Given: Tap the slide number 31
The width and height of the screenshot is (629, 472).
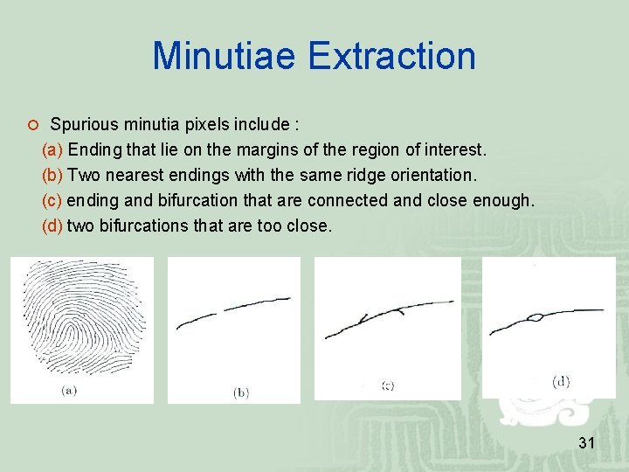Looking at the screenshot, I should coord(586,443).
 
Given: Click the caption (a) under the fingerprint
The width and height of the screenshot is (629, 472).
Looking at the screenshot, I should coord(69,391).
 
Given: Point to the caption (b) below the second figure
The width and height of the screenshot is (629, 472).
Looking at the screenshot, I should coord(240,393).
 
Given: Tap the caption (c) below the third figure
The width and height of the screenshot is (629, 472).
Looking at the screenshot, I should coord(387,385).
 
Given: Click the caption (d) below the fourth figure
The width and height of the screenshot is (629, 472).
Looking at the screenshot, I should coord(561,381).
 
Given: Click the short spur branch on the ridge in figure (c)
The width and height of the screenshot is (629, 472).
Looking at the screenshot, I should coord(397,309).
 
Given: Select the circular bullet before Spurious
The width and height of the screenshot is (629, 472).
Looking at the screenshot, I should coord(31,124).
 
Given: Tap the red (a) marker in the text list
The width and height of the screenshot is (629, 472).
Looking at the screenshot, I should coord(52,149).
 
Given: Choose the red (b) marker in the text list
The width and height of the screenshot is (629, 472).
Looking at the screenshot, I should coord(52,175).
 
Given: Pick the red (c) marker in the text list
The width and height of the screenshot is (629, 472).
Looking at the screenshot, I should coord(52,200).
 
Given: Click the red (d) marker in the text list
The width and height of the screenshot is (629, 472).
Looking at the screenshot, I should coord(52,226).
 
